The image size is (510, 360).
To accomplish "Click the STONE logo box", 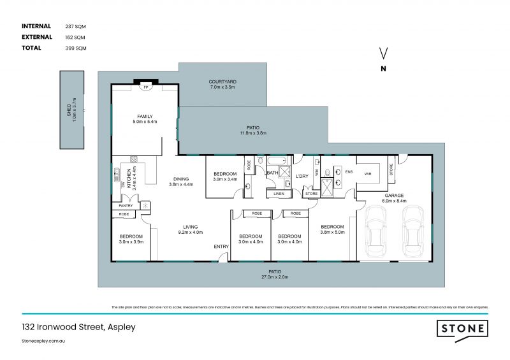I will [x=463, y=329].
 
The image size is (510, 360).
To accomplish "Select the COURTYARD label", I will [x=222, y=82].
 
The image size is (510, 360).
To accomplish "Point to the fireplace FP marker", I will [x=146, y=87].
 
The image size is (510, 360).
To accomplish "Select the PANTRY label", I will [x=125, y=205].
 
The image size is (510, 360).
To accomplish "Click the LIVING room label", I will [x=190, y=226].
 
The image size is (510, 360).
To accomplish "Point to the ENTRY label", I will [x=221, y=247].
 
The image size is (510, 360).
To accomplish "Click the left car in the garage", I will [x=375, y=232].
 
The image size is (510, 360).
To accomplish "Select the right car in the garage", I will [x=415, y=232].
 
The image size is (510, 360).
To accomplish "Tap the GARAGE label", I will [x=393, y=196].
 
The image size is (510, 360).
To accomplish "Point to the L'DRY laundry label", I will [x=302, y=176].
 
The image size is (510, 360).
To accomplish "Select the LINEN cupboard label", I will [x=279, y=193].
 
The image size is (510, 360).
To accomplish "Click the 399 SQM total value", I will [x=75, y=48].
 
